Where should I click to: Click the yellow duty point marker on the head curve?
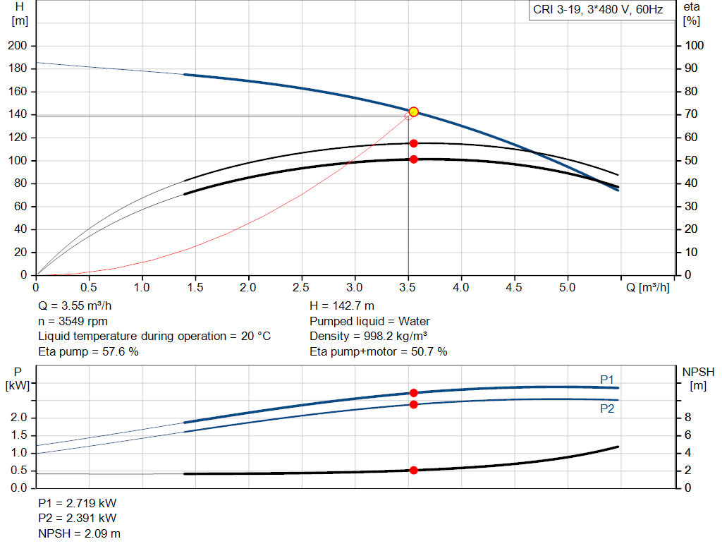click(414, 111)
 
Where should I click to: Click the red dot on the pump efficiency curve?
click(414, 143)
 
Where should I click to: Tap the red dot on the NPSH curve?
click(414, 470)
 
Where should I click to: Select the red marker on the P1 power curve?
click(414, 392)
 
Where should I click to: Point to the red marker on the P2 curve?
click(414, 404)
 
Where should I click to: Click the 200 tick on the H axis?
click(17, 46)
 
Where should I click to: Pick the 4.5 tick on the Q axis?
click(514, 288)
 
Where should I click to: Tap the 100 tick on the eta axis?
click(695, 46)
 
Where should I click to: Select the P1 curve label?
click(607, 380)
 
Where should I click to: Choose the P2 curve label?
click(607, 408)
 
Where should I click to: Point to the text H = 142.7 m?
click(342, 306)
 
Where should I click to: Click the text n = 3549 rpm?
click(72, 321)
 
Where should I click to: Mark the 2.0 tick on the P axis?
click(19, 418)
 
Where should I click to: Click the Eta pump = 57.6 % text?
click(88, 351)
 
